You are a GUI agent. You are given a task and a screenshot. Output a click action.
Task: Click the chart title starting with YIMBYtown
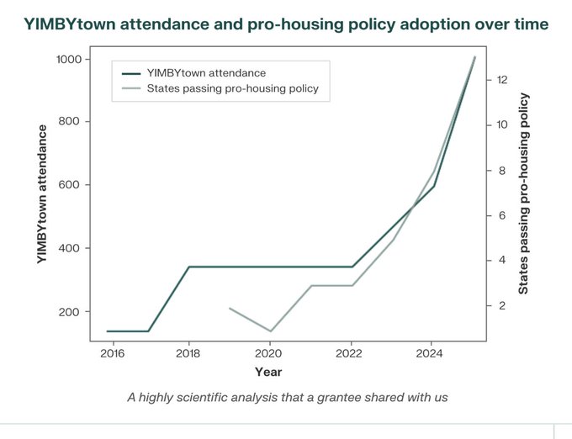coord(285,25)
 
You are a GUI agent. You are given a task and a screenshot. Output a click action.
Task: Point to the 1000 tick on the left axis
coord(68,59)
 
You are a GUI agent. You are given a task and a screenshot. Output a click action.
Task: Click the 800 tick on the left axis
coord(71,122)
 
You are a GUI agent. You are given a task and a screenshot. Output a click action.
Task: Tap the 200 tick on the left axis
coord(71,312)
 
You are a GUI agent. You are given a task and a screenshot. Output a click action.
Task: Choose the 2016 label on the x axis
coord(111,354)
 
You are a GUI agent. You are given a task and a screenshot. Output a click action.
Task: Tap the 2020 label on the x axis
coord(269,354)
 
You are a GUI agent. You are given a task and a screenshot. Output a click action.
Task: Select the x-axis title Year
coord(269,372)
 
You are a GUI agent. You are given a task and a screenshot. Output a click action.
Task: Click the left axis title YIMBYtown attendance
coord(41,195)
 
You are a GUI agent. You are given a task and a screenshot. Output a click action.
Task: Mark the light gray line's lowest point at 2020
coord(270,331)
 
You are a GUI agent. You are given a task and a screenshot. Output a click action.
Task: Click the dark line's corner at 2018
coord(189,267)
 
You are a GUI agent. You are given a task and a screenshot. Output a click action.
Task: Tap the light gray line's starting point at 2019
coord(230,308)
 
